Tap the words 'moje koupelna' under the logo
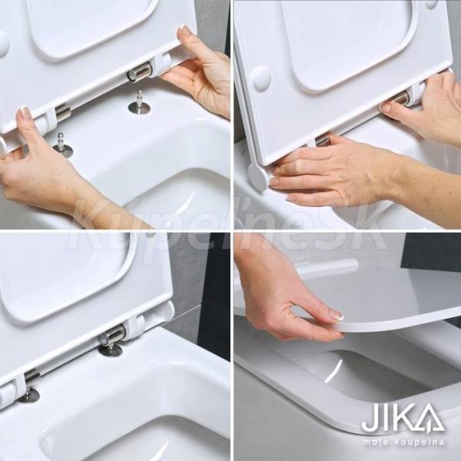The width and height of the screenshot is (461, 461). [x=403, y=443]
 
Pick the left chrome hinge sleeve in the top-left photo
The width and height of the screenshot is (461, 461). [x=63, y=111]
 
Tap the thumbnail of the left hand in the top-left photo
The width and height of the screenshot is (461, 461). [x=25, y=114]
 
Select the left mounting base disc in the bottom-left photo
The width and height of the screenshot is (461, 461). [x=28, y=395]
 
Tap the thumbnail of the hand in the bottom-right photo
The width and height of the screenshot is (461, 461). [x=337, y=317]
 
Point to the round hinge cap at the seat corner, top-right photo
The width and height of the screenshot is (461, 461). [x=257, y=177]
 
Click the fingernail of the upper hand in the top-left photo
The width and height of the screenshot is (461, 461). [x=184, y=29]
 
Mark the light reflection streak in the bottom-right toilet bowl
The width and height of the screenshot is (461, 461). [x=333, y=371]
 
